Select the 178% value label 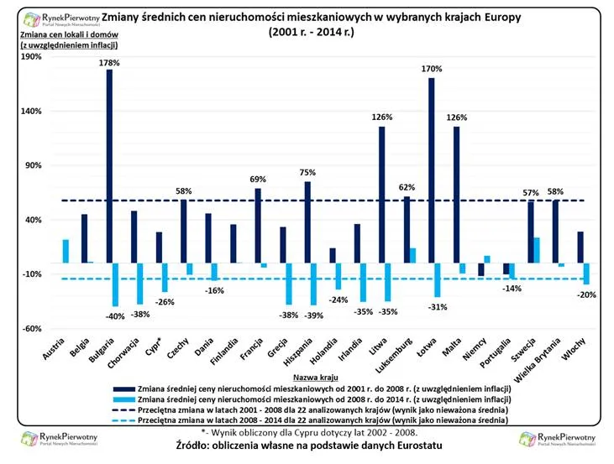[x=109, y=62]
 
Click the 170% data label [x=432, y=70]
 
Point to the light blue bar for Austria [x=66, y=251]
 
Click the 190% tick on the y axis [x=30, y=56]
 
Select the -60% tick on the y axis [x=30, y=329]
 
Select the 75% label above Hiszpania [x=307, y=172]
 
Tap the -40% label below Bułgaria [x=114, y=315]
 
